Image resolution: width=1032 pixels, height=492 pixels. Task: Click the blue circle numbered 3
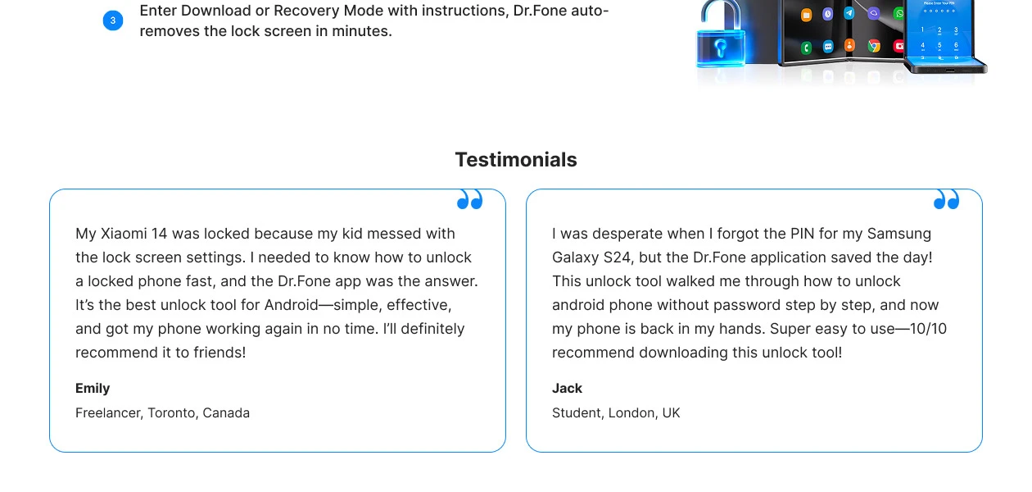pyautogui.click(x=113, y=20)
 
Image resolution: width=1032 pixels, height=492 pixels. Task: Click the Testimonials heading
pyautogui.click(x=516, y=160)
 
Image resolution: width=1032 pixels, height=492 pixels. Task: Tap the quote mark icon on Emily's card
pyautogui.click(x=470, y=199)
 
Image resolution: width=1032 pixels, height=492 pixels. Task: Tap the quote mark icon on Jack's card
pyautogui.click(x=946, y=199)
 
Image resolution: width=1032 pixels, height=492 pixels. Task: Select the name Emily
pyautogui.click(x=93, y=388)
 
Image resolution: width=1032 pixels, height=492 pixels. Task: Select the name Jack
pyautogui.click(x=567, y=388)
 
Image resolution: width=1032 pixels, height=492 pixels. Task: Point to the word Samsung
pyautogui.click(x=899, y=234)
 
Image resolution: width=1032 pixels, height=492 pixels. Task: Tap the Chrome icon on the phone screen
pyautogui.click(x=874, y=46)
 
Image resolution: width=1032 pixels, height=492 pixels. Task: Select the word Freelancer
pyautogui.click(x=109, y=413)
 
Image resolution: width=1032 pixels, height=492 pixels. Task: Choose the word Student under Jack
pyautogui.click(x=577, y=413)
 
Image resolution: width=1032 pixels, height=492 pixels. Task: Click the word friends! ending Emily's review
pyautogui.click(x=220, y=353)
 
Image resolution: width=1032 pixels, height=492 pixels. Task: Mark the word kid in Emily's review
pyautogui.click(x=352, y=234)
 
